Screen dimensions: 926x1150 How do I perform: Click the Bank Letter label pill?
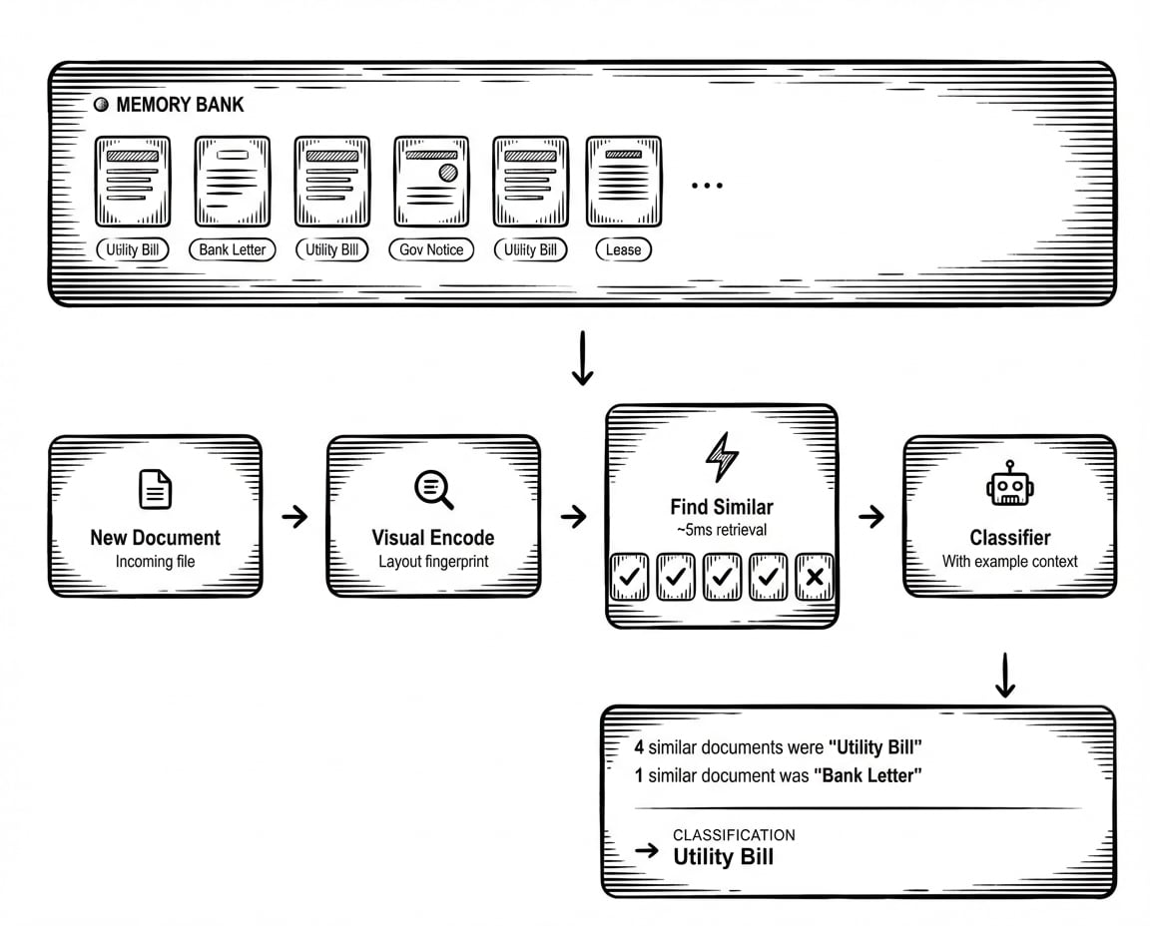[233, 249]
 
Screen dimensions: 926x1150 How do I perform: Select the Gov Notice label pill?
[431, 249]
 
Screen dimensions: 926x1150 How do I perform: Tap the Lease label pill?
[623, 249]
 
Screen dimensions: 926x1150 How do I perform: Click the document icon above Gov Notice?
[431, 182]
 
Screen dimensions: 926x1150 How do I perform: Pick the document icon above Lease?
[623, 182]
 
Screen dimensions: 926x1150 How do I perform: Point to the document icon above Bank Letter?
[233, 182]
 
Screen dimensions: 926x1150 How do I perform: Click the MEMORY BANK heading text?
[180, 105]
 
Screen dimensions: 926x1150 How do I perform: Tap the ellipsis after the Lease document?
[707, 186]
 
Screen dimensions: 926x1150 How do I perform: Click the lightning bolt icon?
[721, 458]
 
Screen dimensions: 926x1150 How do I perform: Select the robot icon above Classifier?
[1009, 486]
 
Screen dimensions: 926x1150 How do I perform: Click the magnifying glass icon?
[433, 489]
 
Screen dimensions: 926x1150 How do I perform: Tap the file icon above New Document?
[155, 489]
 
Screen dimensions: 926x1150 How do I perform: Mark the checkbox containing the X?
[815, 577]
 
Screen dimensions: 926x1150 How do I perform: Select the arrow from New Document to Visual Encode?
[294, 516]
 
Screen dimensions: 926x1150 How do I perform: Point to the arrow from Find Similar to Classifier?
[870, 516]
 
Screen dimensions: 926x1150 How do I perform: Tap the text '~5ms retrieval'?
[721, 528]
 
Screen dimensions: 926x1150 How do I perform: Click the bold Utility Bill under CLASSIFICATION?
[723, 856]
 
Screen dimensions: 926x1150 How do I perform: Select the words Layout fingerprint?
[433, 561]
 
